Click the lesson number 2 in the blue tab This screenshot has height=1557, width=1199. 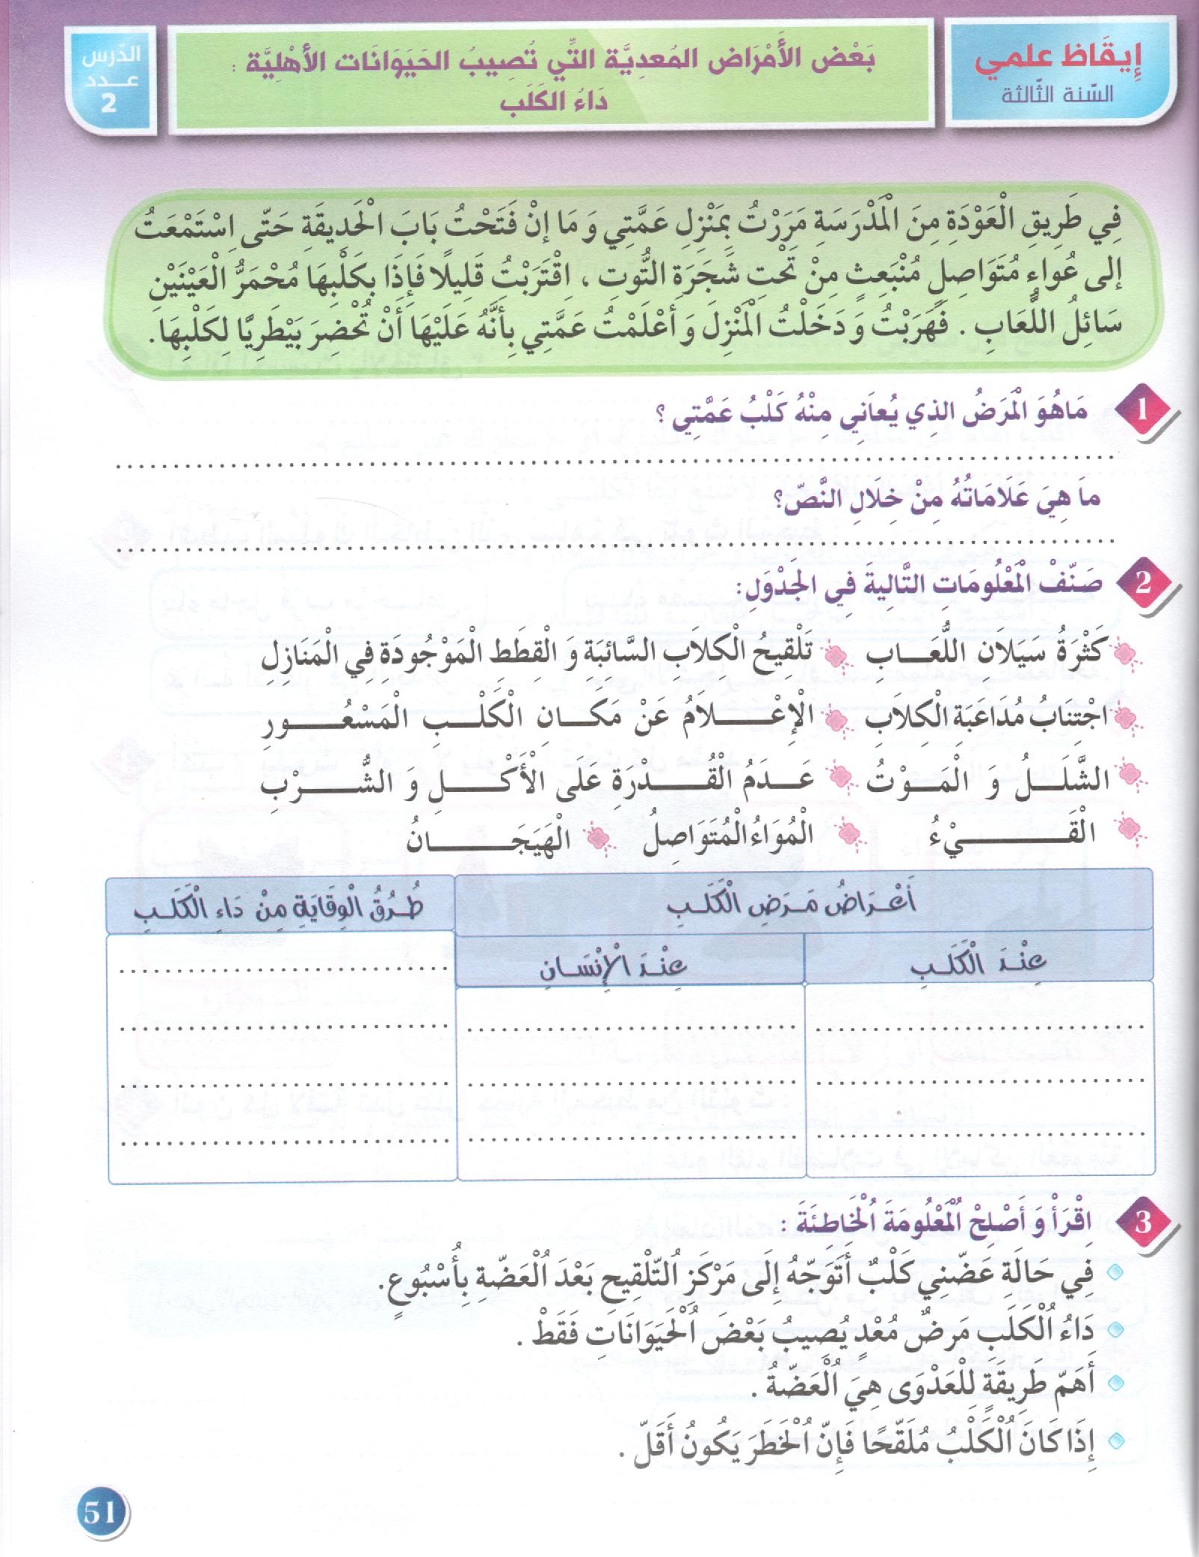tap(110, 102)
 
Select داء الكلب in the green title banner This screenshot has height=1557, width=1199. tap(555, 101)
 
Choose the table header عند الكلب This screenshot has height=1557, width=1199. tap(978, 965)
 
